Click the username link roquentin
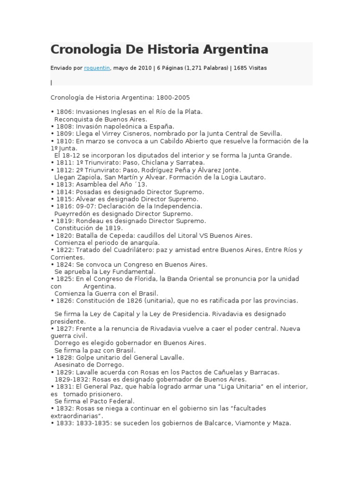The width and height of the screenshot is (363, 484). [97, 68]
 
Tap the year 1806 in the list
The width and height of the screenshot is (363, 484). [64, 112]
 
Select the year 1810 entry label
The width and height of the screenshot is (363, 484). [64, 141]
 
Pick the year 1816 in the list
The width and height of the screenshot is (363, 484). [64, 206]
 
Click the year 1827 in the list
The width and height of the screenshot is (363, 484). [64, 328]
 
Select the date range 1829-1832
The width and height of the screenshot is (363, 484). [70, 379]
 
